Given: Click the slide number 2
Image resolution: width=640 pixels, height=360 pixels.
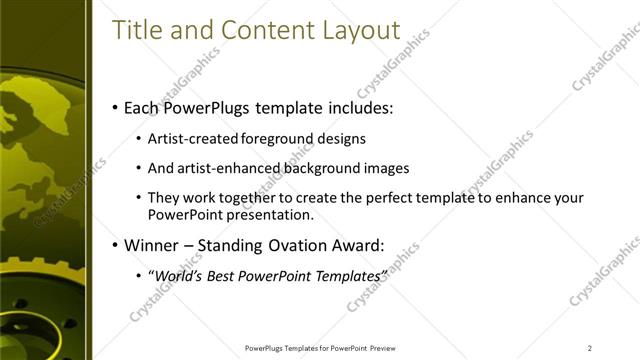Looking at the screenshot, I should [x=590, y=348].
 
